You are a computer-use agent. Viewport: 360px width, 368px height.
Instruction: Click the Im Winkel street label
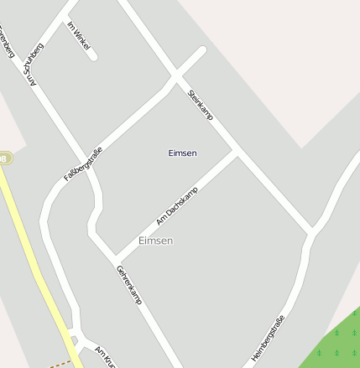(78, 36)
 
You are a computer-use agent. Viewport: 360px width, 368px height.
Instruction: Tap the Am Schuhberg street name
(34, 65)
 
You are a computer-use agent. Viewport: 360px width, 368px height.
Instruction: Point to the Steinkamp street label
(201, 105)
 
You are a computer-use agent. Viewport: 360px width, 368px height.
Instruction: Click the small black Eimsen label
(182, 153)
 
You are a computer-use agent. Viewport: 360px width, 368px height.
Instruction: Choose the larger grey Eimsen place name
(155, 241)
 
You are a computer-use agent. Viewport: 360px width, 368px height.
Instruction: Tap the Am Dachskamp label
(177, 206)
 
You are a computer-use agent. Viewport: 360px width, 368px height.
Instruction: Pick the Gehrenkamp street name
(129, 284)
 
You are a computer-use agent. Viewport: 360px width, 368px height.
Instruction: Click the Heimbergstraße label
(268, 339)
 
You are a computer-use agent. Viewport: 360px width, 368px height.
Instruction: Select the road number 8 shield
(4, 158)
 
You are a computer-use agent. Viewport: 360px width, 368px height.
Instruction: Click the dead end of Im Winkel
(93, 56)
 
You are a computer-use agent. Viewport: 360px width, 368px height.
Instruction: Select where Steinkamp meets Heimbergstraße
(312, 230)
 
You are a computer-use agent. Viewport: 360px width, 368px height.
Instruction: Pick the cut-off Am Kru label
(103, 355)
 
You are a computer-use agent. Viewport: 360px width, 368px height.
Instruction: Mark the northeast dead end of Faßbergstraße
(201, 50)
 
